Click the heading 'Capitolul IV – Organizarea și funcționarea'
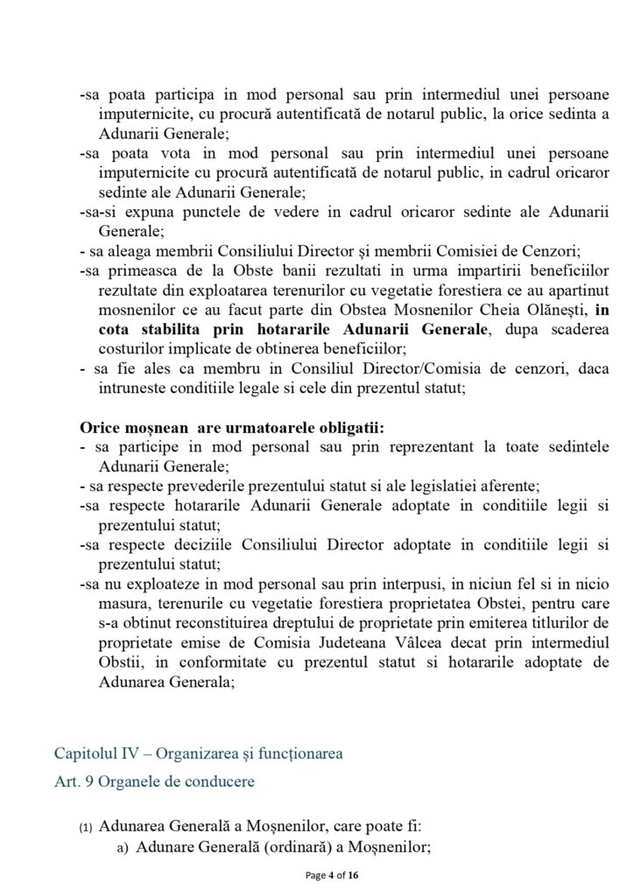[199, 752]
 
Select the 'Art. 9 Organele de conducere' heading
[154, 781]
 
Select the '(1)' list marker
[85, 826]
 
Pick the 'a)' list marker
[123, 847]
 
